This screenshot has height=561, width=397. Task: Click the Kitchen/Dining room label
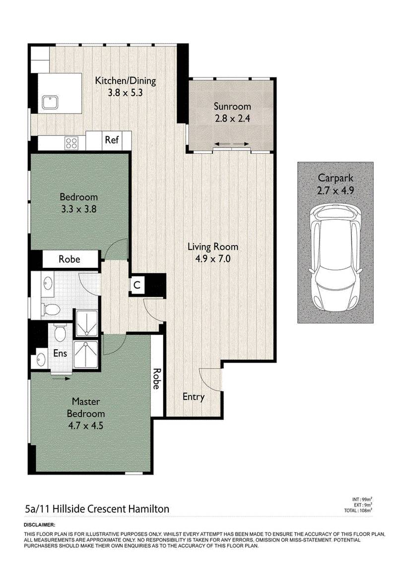[x=125, y=81]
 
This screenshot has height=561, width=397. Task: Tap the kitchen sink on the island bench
[x=50, y=103]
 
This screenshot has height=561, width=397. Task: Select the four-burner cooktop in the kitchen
[x=71, y=143]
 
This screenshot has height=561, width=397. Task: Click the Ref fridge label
[x=112, y=139]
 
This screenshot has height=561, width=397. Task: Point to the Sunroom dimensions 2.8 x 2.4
[x=232, y=118]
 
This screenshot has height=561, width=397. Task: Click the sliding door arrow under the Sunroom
[x=232, y=144]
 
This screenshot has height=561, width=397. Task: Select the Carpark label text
[x=335, y=178]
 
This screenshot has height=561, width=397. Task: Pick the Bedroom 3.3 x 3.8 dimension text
[x=79, y=209]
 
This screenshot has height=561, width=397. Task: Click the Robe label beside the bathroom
[x=69, y=259]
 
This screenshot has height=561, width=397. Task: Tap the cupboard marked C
[x=136, y=286]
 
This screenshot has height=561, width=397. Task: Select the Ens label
[x=60, y=353]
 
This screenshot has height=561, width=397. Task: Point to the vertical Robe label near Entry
[x=156, y=379]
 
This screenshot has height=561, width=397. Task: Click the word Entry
[x=194, y=397]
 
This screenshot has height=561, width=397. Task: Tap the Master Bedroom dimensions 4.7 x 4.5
[x=86, y=426]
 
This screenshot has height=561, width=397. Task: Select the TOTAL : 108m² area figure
[x=358, y=510]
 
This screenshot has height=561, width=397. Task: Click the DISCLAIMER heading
[x=40, y=525]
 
